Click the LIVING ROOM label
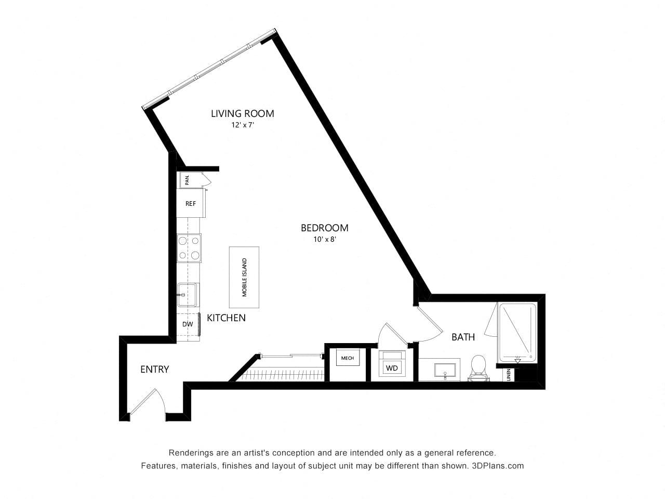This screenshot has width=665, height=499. (x=243, y=114)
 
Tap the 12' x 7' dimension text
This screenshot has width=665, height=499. (x=243, y=125)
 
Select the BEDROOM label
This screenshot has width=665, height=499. (x=325, y=228)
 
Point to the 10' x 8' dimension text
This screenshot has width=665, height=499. (x=325, y=239)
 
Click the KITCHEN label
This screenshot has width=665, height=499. (x=226, y=318)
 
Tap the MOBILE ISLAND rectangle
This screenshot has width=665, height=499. (x=244, y=277)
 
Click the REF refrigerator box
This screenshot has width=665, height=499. (x=191, y=203)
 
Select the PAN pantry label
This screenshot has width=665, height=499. (x=187, y=180)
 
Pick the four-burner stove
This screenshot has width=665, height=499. (x=189, y=248)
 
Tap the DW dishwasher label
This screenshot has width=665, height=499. (x=188, y=324)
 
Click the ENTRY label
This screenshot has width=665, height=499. (x=154, y=370)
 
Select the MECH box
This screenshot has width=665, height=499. (x=348, y=358)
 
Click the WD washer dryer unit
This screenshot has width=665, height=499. (x=392, y=363)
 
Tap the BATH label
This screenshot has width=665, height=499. (x=463, y=337)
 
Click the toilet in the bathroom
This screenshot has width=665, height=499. (x=478, y=367)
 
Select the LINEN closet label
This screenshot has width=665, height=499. (x=509, y=375)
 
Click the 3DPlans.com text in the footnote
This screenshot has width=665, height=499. (x=498, y=466)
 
